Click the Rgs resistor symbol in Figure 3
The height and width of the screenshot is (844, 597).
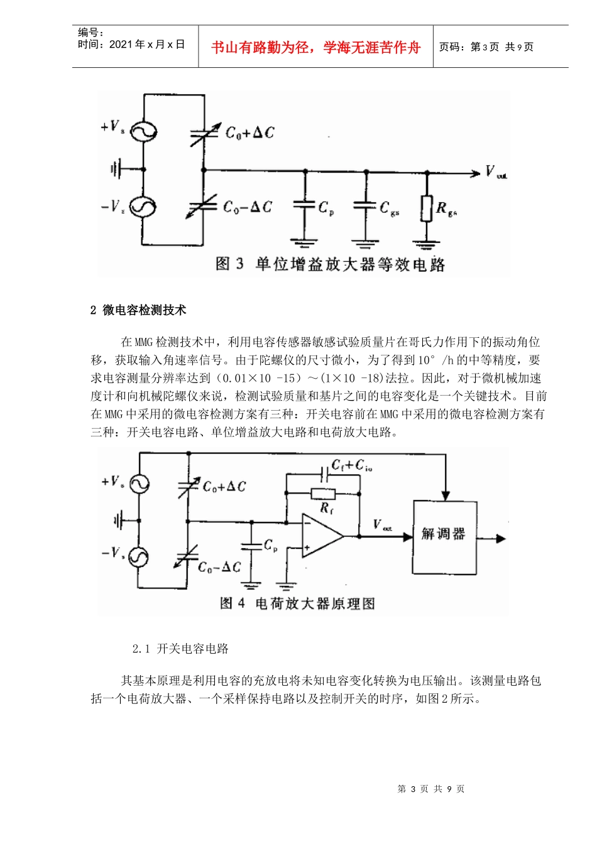click(427, 208)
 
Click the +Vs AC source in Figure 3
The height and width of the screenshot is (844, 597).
click(144, 132)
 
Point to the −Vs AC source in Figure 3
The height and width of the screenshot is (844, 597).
click(144, 207)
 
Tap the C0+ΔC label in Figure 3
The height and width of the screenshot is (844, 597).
click(250, 133)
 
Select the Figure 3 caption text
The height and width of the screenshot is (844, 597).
click(330, 264)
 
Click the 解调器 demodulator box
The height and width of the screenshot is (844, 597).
click(444, 536)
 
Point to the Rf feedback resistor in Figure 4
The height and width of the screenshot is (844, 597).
click(323, 494)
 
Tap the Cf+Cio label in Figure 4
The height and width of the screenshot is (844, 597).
click(351, 465)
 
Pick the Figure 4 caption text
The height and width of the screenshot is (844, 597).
click(298, 603)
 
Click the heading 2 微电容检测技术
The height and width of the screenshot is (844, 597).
click(139, 310)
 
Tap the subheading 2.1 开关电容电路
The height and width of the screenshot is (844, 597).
click(181, 649)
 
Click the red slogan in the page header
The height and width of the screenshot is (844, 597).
click(315, 47)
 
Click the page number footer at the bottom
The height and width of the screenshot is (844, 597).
click(431, 789)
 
